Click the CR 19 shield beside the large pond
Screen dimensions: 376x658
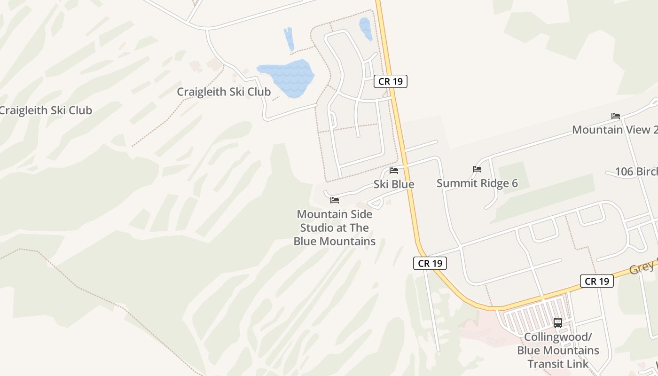pyautogui.click(x=391, y=81)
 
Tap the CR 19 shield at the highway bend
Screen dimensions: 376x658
pyautogui.click(x=430, y=263)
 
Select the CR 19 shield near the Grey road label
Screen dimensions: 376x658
pyautogui.click(x=596, y=281)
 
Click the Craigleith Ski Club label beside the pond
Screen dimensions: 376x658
pyautogui.click(x=224, y=92)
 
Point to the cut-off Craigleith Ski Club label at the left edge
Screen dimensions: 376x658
pyautogui.click(x=46, y=110)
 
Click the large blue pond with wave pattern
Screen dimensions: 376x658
pyautogui.click(x=287, y=76)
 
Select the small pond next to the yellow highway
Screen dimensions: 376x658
pyautogui.click(x=365, y=28)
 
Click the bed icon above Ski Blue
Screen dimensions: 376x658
pyautogui.click(x=394, y=170)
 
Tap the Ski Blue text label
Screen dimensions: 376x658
pyautogui.click(x=394, y=184)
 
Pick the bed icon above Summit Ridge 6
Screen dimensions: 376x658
pyautogui.click(x=477, y=169)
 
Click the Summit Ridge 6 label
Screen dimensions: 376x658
pyautogui.click(x=477, y=183)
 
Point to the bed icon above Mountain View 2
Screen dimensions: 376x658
pyautogui.click(x=615, y=116)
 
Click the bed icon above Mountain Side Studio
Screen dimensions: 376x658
pyautogui.click(x=335, y=200)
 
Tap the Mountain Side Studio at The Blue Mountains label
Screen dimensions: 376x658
pyautogui.click(x=335, y=228)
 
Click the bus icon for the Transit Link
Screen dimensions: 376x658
pyautogui.click(x=558, y=323)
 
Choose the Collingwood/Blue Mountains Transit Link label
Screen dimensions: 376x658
pyautogui.click(x=558, y=350)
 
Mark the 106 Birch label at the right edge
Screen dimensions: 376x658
pyautogui.click(x=636, y=172)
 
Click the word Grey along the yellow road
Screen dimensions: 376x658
pyautogui.click(x=642, y=266)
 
